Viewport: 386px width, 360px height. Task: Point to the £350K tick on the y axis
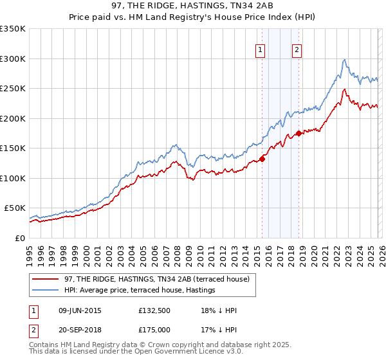click(x=13, y=29)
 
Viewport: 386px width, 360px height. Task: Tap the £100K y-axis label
click(x=13, y=178)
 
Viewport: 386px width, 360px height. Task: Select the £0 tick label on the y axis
click(x=19, y=238)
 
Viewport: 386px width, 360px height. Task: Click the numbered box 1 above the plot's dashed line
click(x=261, y=50)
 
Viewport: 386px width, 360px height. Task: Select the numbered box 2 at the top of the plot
click(x=297, y=50)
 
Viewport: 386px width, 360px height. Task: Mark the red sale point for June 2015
click(x=262, y=159)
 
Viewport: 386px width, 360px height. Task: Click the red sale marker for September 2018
click(x=299, y=134)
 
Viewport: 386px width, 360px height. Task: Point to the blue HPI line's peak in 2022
click(x=345, y=60)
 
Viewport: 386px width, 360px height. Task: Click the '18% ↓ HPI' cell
click(x=219, y=310)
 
